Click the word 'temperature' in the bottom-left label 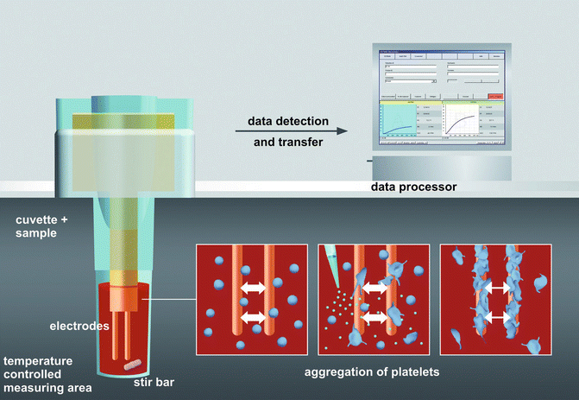[38, 359]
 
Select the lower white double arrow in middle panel [374, 318]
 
